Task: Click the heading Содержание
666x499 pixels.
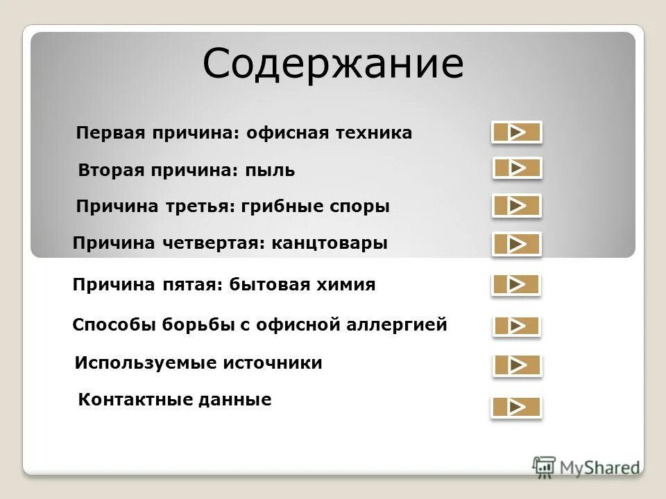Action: [x=333, y=64]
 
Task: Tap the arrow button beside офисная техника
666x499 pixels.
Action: [x=516, y=132]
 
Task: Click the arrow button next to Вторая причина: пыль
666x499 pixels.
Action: [x=517, y=168]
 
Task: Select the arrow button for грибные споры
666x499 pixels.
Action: [x=517, y=206]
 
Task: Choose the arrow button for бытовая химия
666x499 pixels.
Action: [x=516, y=285]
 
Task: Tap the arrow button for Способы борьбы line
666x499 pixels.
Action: [x=516, y=326]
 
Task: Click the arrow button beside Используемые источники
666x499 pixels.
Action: [x=517, y=365]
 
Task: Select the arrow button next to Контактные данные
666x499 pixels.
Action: [x=516, y=408]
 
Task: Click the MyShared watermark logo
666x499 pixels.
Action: [x=586, y=467]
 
